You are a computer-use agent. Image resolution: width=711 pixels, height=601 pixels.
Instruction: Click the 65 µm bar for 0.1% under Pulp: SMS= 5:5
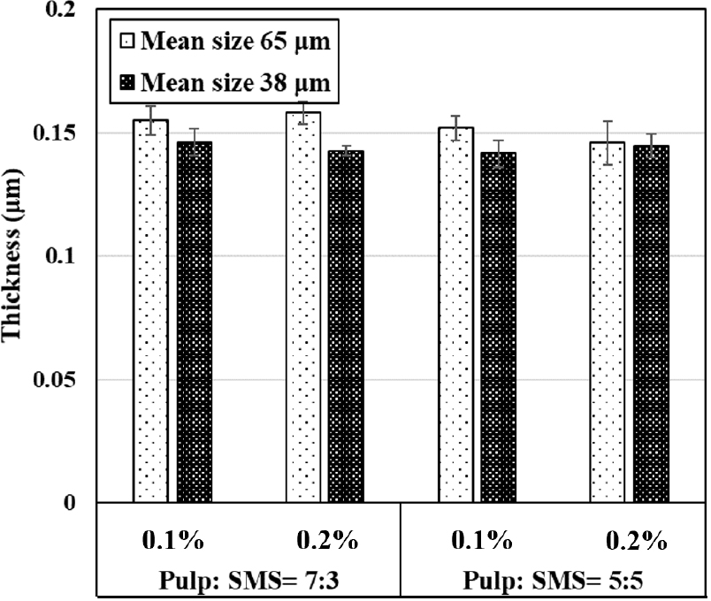pos(455,315)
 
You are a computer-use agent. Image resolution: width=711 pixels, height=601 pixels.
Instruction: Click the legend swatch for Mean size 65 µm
pos(127,41)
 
